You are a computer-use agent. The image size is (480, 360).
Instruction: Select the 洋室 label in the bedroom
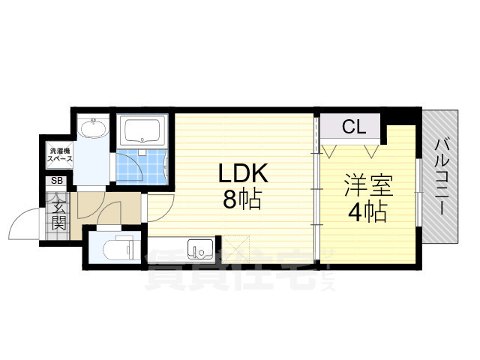tap(367, 185)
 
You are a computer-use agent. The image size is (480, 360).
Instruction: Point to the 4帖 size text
tap(367, 212)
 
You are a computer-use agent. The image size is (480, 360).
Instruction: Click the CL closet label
tap(354, 127)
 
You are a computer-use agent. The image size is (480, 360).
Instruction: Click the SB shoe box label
tap(57, 181)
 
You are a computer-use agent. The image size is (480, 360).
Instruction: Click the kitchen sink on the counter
tap(200, 247)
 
